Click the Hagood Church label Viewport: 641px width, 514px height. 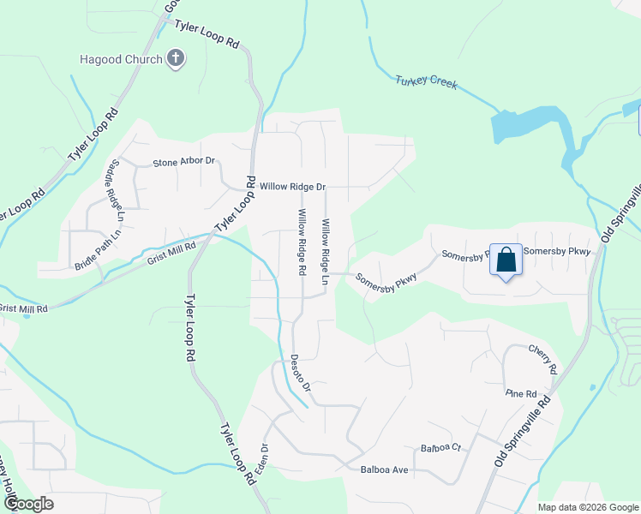click(120, 59)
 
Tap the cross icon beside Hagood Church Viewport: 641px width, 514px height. click(176, 59)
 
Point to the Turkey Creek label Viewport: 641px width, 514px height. click(426, 83)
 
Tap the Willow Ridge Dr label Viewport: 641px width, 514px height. click(293, 186)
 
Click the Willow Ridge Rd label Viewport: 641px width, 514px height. click(302, 242)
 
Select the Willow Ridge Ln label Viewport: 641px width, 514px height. click(326, 251)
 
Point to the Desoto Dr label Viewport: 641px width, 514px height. click(299, 374)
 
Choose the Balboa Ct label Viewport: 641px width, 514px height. click(440, 448)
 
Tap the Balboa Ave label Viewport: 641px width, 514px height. click(385, 470)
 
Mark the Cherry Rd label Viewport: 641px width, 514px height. click(542, 361)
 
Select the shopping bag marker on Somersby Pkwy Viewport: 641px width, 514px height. click(506, 260)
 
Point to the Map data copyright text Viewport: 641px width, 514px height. click(587, 507)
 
